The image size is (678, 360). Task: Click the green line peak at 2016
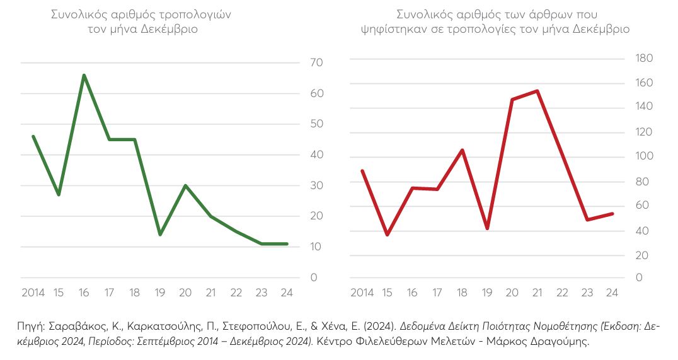point(84,75)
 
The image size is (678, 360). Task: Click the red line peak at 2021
point(536,91)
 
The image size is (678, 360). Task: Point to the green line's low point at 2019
point(160,235)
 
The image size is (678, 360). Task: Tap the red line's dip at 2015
point(387,235)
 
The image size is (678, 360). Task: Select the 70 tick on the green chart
point(316,62)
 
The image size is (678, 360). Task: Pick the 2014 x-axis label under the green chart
point(33,293)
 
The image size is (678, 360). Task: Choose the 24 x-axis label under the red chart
point(611,293)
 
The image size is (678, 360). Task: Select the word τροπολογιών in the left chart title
point(197,15)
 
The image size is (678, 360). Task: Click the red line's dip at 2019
point(487,228)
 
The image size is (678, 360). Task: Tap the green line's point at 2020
point(185,185)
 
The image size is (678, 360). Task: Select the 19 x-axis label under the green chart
point(160,293)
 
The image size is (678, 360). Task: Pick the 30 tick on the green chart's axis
point(316,185)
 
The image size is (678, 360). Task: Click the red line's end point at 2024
point(612,214)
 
